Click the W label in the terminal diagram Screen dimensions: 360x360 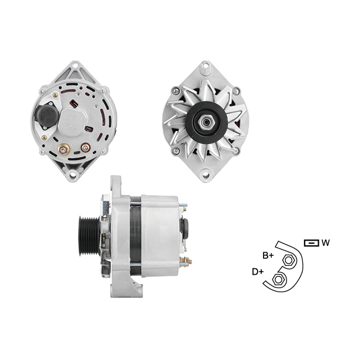point(325,242)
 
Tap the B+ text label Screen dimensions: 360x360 point(268,255)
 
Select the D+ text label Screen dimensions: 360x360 point(258,272)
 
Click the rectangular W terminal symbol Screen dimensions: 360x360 point(311,243)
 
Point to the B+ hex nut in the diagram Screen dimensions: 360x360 point(288,261)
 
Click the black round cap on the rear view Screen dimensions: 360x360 point(47,116)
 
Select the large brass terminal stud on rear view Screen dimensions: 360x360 point(63,149)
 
